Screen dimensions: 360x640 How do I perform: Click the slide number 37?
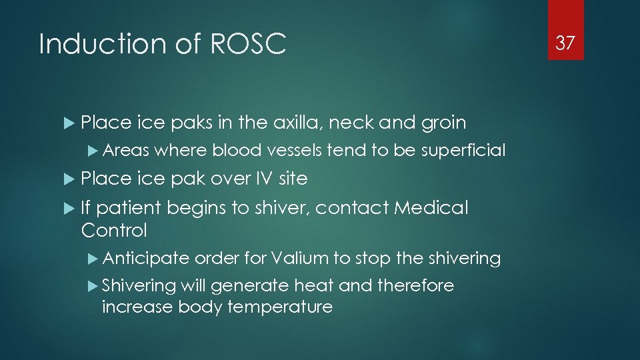(x=565, y=43)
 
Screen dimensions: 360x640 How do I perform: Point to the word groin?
(x=443, y=123)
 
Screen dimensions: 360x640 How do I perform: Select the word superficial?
(x=463, y=151)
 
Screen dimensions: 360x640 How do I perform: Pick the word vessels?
(x=295, y=151)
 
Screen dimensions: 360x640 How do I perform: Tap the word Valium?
(x=299, y=258)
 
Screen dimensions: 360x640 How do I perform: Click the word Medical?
(x=431, y=208)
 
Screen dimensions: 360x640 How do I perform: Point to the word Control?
(x=113, y=231)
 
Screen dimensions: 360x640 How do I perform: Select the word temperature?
(x=280, y=307)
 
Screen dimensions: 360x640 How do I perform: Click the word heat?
(x=314, y=285)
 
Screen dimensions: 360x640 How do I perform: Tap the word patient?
(x=131, y=208)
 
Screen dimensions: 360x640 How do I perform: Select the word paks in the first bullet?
(x=192, y=123)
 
